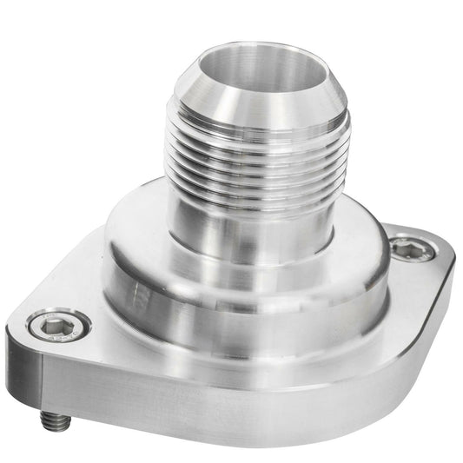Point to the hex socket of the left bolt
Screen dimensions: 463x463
click(x=59, y=327)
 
